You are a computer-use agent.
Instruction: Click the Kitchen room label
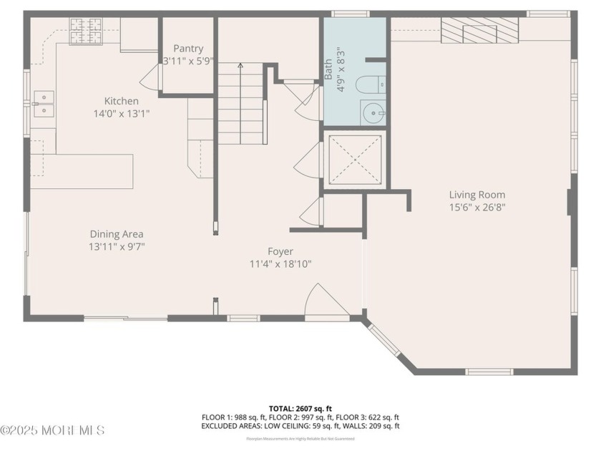121,101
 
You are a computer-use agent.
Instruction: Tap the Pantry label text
188,49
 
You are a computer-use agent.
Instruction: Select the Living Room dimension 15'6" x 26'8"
477,208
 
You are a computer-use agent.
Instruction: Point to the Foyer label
280,251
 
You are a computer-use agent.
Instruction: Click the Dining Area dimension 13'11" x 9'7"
116,247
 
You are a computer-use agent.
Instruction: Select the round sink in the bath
373,112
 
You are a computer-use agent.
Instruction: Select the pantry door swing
151,77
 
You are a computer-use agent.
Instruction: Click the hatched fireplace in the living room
479,32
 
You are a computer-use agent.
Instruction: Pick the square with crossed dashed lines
354,159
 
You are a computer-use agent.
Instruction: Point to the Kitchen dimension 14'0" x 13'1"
121,114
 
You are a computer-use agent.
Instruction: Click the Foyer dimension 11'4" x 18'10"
280,264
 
